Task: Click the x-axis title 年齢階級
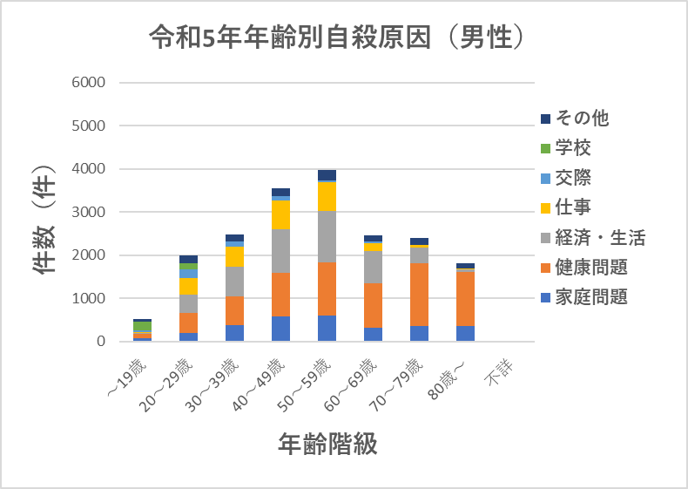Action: [x=327, y=445]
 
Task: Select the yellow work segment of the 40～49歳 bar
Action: [x=280, y=214]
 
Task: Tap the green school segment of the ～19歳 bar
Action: [x=142, y=327]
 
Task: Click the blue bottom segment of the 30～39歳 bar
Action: [x=234, y=333]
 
